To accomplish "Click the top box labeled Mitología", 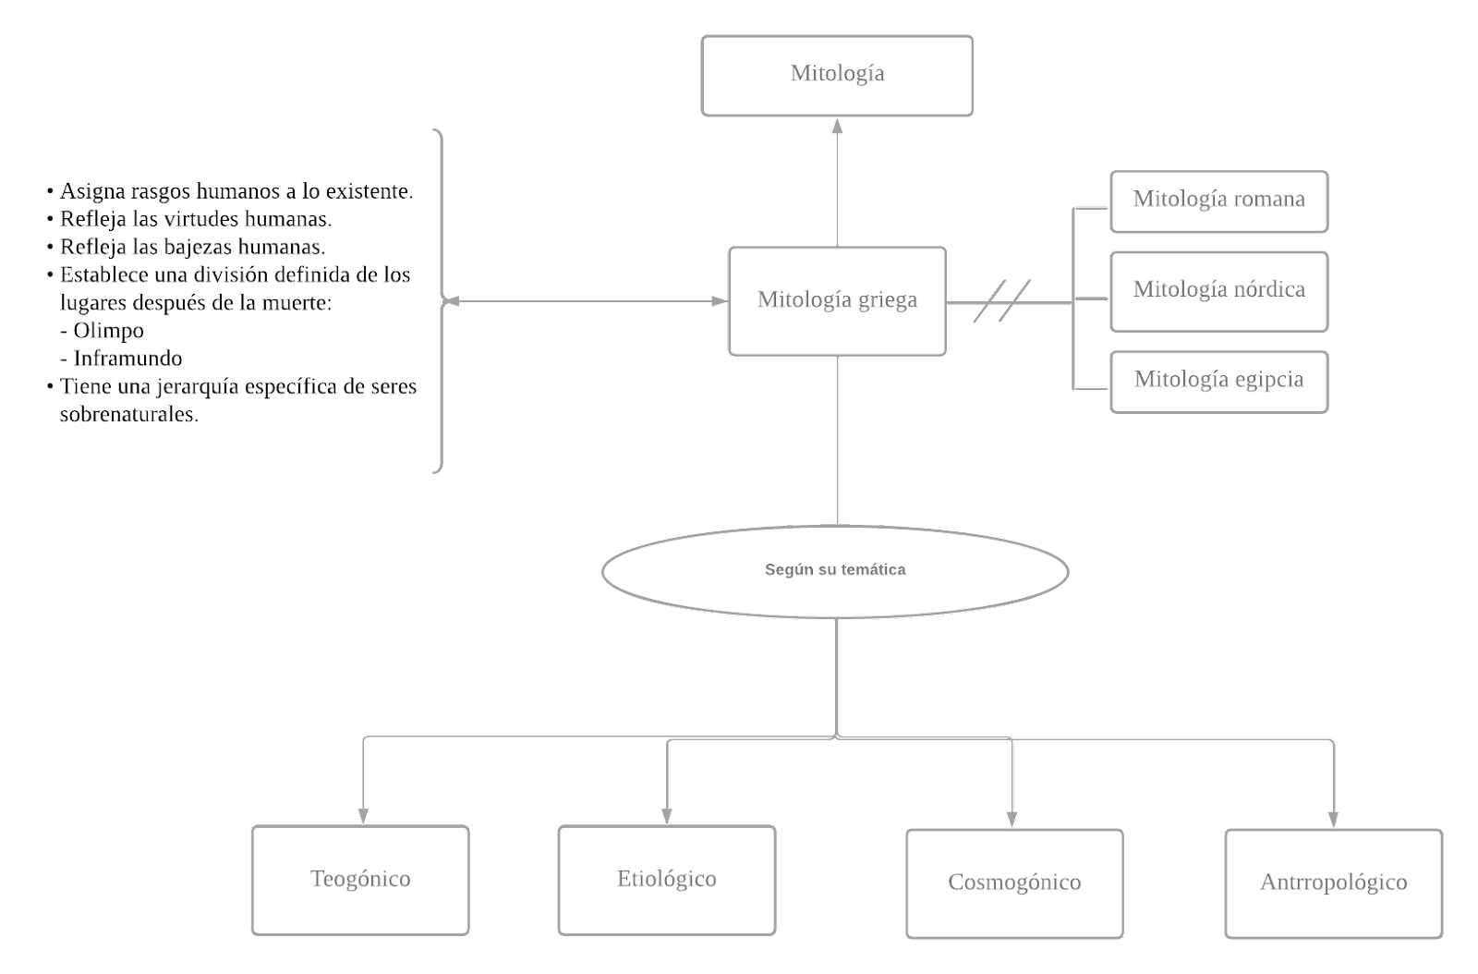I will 837,75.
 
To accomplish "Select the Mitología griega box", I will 837,300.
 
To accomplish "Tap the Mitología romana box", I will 1218,201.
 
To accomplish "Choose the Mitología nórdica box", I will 1218,290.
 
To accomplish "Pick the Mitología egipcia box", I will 1218,381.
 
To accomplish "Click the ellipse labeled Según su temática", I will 835,571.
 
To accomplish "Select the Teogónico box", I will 360,879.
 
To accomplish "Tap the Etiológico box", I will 666,879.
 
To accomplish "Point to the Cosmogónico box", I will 1014,883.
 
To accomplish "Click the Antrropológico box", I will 1333,883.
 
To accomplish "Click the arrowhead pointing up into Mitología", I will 838,126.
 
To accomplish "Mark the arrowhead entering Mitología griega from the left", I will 719,301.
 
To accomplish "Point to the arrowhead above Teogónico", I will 363,816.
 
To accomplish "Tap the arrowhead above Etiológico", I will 666,816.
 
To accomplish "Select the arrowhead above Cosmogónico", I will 1012,819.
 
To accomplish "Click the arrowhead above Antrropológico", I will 1333,819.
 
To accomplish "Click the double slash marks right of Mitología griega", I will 1002,301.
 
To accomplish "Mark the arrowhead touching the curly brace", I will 453,301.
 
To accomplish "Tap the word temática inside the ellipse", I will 873,570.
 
